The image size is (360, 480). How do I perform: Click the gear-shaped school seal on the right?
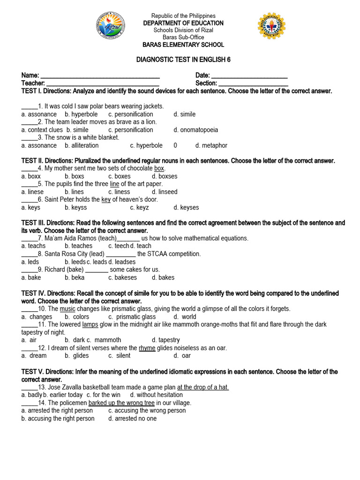pyautogui.click(x=272, y=26)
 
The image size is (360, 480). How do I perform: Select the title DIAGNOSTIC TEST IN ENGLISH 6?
pyautogui.click(x=183, y=60)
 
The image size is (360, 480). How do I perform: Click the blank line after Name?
pyautogui.click(x=100, y=76)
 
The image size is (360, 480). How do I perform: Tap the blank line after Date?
pyautogui.click(x=249, y=76)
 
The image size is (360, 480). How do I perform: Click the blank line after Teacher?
pyautogui.click(x=103, y=83)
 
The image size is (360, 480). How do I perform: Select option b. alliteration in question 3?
pyautogui.click(x=82, y=145)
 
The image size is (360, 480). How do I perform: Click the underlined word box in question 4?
pyautogui.click(x=159, y=168)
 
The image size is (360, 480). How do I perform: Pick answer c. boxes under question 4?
pyautogui.click(x=120, y=176)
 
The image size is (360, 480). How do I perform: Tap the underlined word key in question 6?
pyautogui.click(x=106, y=200)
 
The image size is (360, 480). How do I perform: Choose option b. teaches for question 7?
pyautogui.click(x=79, y=246)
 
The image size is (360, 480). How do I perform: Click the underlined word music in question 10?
pyautogui.click(x=67, y=309)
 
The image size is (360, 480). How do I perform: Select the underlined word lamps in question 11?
pyautogui.click(x=90, y=324)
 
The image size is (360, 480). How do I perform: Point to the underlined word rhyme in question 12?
pyautogui.click(x=147, y=348)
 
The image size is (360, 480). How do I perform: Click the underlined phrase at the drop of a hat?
pyautogui.click(x=203, y=387)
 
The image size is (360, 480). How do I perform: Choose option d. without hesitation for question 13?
pyautogui.click(x=153, y=395)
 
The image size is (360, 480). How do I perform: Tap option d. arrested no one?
pyautogui.click(x=132, y=418)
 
